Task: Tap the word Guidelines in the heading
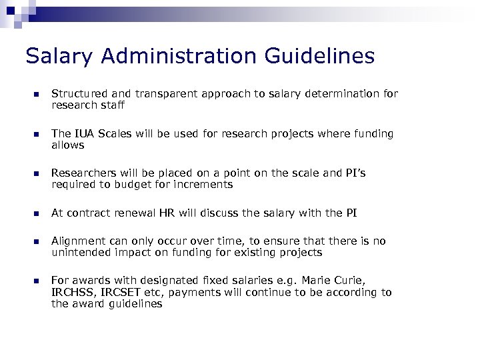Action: click(x=319, y=56)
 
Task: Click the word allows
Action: click(x=67, y=145)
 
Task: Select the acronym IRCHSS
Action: click(x=73, y=293)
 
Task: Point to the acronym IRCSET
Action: click(x=119, y=293)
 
